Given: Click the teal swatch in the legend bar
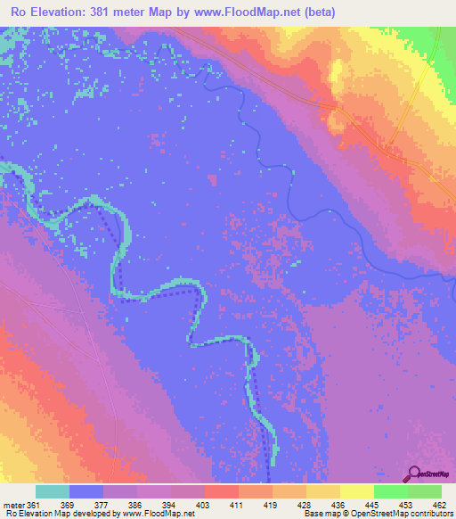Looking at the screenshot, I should tap(53, 492).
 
